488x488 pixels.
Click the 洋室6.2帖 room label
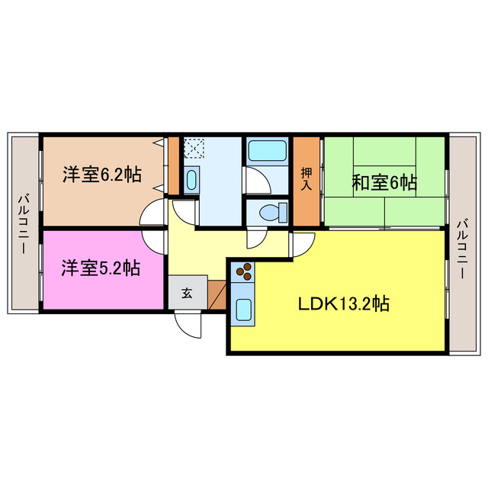(101, 174)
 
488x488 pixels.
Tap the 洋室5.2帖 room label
(100, 268)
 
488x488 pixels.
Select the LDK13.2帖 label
(343, 303)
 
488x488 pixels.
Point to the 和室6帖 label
(384, 183)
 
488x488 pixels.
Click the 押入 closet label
(307, 180)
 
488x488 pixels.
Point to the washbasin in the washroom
(191, 181)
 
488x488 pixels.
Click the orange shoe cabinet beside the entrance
(217, 296)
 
